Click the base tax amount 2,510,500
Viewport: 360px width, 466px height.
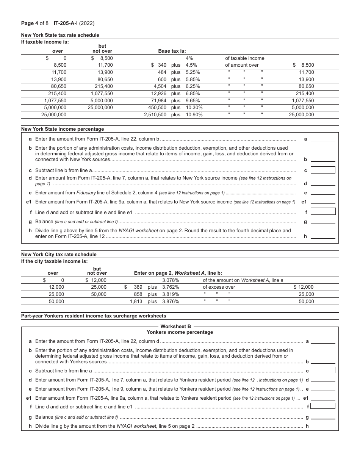tap(155, 114)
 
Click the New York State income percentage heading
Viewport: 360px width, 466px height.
tap(63, 129)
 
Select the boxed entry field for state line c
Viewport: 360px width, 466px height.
tap(323, 170)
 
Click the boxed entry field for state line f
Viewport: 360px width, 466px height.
tap(323, 211)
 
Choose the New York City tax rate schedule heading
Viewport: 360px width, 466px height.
tap(59, 255)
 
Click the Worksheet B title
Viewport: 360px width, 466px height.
tap(176, 326)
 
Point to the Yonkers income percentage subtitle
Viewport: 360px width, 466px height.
tap(180, 332)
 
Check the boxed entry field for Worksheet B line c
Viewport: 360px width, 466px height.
tap(323, 370)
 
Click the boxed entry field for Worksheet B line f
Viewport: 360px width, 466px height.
tap(323, 406)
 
